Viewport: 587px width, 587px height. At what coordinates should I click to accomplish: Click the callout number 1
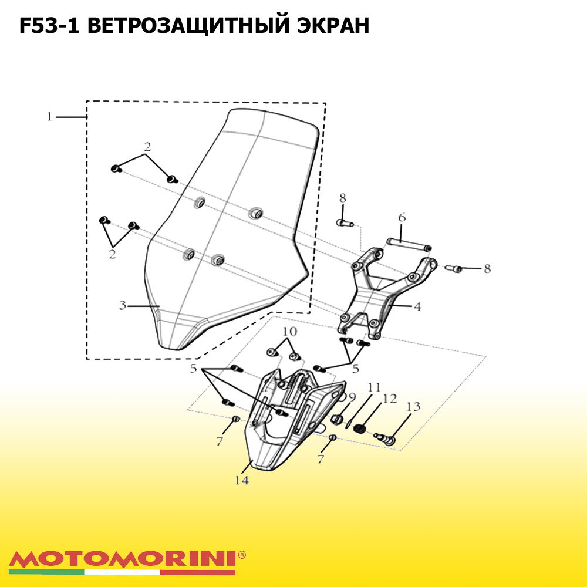click(49, 117)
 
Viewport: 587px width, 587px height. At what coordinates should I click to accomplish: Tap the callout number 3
click(123, 305)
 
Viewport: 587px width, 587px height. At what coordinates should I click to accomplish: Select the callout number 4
click(417, 306)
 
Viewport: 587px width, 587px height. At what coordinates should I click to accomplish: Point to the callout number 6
click(402, 218)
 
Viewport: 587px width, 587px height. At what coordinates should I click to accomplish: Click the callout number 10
click(290, 331)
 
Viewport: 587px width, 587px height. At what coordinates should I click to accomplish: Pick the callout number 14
click(241, 480)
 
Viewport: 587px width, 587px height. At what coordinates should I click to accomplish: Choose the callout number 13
click(413, 406)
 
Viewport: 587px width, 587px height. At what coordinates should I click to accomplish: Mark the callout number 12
click(389, 399)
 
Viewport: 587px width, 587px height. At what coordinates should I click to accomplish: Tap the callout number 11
click(373, 387)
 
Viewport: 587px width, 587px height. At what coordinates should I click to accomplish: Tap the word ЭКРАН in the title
click(333, 26)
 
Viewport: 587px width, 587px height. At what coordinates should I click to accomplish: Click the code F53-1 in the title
click(49, 26)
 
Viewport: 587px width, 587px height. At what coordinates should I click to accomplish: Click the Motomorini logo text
click(122, 559)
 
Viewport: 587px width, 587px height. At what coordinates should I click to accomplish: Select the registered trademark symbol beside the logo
click(242, 555)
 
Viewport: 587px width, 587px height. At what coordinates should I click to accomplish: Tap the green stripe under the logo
click(46, 572)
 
